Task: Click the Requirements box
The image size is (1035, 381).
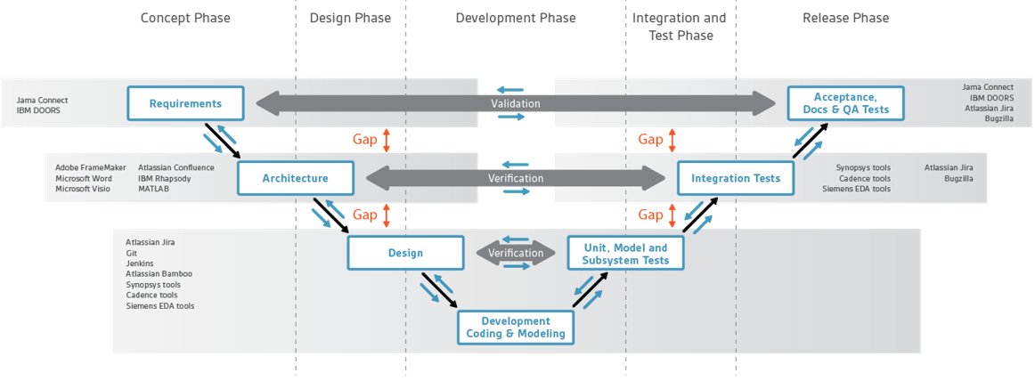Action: point(185,103)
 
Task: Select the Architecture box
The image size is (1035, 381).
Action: point(295,178)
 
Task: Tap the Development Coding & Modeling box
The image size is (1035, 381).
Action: point(516,328)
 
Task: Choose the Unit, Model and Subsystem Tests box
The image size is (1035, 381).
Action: point(626,253)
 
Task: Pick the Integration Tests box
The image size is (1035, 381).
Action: point(736,178)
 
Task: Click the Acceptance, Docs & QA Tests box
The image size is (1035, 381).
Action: point(846,103)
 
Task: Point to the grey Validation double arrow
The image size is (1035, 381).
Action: point(516,103)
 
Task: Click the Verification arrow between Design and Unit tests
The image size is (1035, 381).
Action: point(516,253)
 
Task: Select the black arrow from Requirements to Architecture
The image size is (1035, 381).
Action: point(223,141)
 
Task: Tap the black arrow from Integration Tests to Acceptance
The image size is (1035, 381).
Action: point(811,141)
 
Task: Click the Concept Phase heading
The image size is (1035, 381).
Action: point(185,18)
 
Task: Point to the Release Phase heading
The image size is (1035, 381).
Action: point(845,18)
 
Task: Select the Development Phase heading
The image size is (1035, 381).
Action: point(516,18)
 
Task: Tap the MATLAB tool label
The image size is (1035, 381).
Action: point(154,189)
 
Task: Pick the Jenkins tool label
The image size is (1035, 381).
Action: point(139,263)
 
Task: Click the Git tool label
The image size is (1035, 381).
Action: point(131,253)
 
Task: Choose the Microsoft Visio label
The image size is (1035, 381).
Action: point(83,189)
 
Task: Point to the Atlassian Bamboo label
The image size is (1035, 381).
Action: point(159,273)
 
